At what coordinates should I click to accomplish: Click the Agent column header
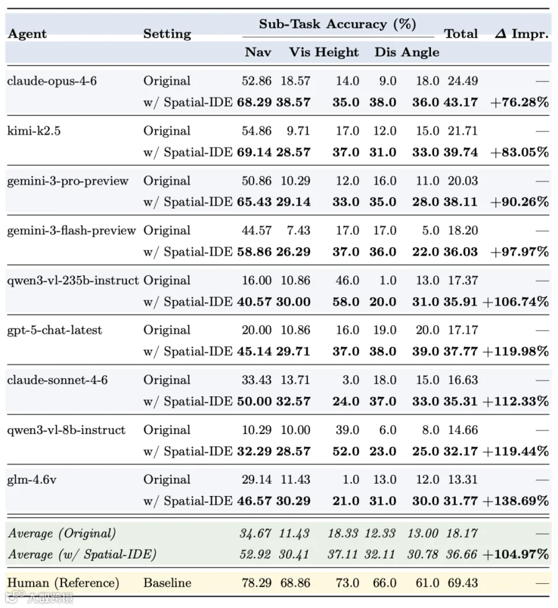pyautogui.click(x=27, y=34)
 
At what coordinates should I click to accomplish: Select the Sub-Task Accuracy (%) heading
pyautogui.click(x=337, y=24)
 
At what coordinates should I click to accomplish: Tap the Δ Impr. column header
pyautogui.click(x=521, y=33)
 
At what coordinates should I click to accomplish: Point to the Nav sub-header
pyautogui.click(x=258, y=52)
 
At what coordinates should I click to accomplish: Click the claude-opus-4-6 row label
pyautogui.click(x=51, y=81)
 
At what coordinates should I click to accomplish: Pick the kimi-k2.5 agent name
pyautogui.click(x=33, y=131)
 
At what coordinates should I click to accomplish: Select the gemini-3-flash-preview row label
pyautogui.click(x=71, y=231)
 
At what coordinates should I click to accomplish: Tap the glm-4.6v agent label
pyautogui.click(x=32, y=480)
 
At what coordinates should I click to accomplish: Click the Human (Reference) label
pyautogui.click(x=63, y=583)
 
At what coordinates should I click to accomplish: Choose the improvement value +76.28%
pyautogui.click(x=520, y=102)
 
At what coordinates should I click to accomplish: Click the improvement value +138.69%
pyautogui.click(x=516, y=501)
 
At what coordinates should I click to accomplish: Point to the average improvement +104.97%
pyautogui.click(x=516, y=554)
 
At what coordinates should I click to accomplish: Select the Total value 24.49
pyautogui.click(x=463, y=81)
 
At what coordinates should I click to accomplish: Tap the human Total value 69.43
pyautogui.click(x=463, y=583)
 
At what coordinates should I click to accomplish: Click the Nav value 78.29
pyautogui.click(x=256, y=583)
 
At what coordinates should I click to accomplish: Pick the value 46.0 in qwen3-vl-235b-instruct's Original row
pyautogui.click(x=348, y=280)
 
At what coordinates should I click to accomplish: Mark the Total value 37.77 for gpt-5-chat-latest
pyautogui.click(x=461, y=352)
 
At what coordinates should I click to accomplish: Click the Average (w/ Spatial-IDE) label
pyautogui.click(x=82, y=555)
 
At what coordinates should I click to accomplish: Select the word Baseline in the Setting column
pyautogui.click(x=167, y=583)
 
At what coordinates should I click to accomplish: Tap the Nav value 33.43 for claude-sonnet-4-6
pyautogui.click(x=256, y=380)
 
